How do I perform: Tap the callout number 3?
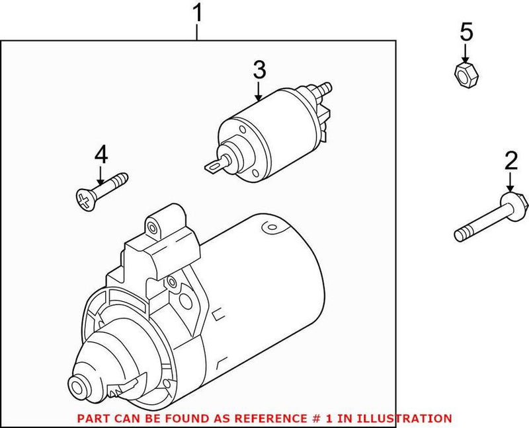click(x=259, y=70)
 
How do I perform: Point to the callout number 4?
click(x=101, y=155)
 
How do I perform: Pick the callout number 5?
click(x=467, y=31)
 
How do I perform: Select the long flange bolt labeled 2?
click(x=489, y=216)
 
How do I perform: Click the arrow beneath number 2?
click(x=510, y=182)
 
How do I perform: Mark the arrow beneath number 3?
click(x=259, y=90)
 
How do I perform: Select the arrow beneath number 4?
click(x=101, y=174)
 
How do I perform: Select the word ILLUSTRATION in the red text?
click(x=413, y=419)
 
